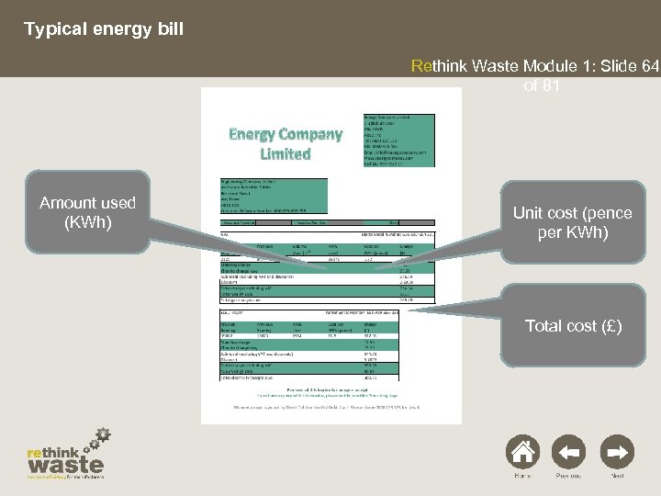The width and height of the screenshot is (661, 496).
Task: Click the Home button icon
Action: (x=522, y=453)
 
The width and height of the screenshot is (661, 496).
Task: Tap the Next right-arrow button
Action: (x=620, y=453)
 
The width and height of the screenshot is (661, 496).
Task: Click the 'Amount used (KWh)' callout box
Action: (x=87, y=212)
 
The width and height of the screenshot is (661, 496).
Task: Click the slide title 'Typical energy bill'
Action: (x=104, y=29)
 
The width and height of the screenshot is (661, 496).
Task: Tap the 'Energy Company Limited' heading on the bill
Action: (x=286, y=143)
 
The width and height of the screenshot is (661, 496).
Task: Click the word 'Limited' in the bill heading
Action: (x=286, y=154)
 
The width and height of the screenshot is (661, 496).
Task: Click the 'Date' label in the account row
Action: (x=394, y=222)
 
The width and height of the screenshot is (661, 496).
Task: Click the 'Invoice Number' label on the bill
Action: (x=313, y=222)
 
